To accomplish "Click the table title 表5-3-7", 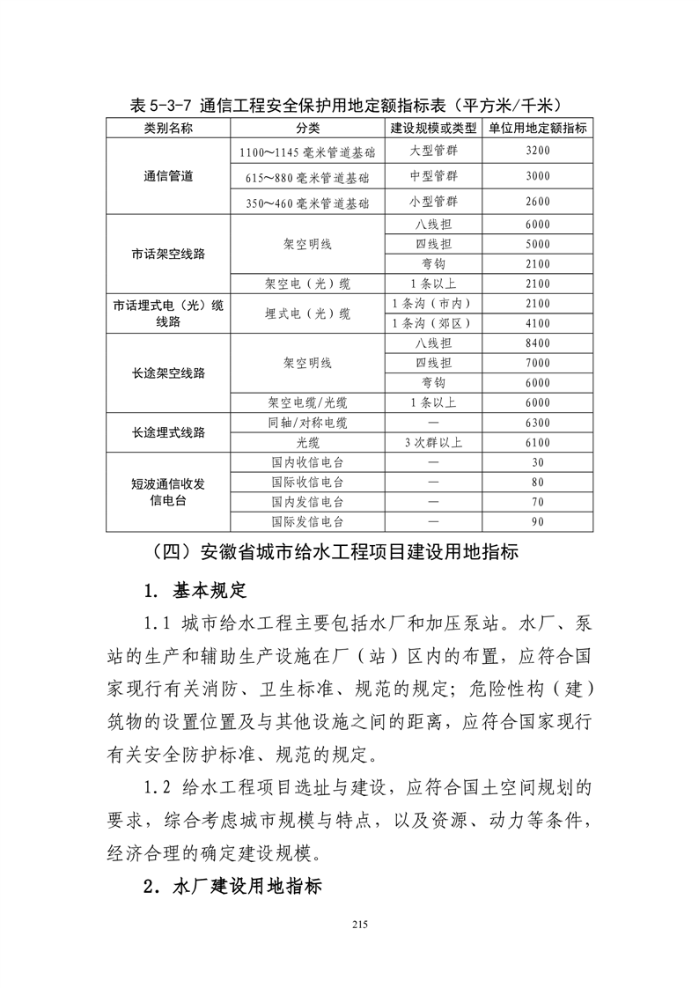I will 349,105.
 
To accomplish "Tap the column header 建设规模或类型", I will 433,128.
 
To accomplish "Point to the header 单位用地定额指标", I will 537,128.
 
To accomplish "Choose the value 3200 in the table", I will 537,151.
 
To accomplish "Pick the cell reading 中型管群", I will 433,176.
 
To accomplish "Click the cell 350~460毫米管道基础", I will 308,203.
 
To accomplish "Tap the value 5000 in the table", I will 537,244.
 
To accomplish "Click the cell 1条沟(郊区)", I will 433,323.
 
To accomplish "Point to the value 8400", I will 537,343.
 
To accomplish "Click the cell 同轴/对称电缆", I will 308,423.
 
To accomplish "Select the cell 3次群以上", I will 433,442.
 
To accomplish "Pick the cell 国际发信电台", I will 308,521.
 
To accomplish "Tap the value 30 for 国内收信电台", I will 537,462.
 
